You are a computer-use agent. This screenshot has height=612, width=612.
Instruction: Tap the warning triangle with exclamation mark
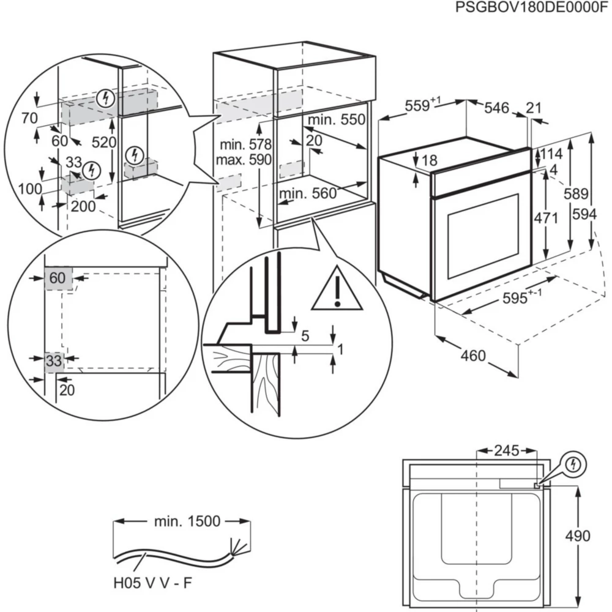[336, 288]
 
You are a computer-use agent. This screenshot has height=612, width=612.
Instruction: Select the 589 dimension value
[575, 194]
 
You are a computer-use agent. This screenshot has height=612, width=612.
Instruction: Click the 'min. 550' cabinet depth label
[336, 120]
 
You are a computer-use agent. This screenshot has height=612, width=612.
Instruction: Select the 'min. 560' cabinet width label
[308, 194]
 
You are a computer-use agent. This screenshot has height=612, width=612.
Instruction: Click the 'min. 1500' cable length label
[179, 521]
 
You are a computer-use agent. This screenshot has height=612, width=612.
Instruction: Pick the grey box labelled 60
[58, 278]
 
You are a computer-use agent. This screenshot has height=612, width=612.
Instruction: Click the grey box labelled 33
[54, 361]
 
